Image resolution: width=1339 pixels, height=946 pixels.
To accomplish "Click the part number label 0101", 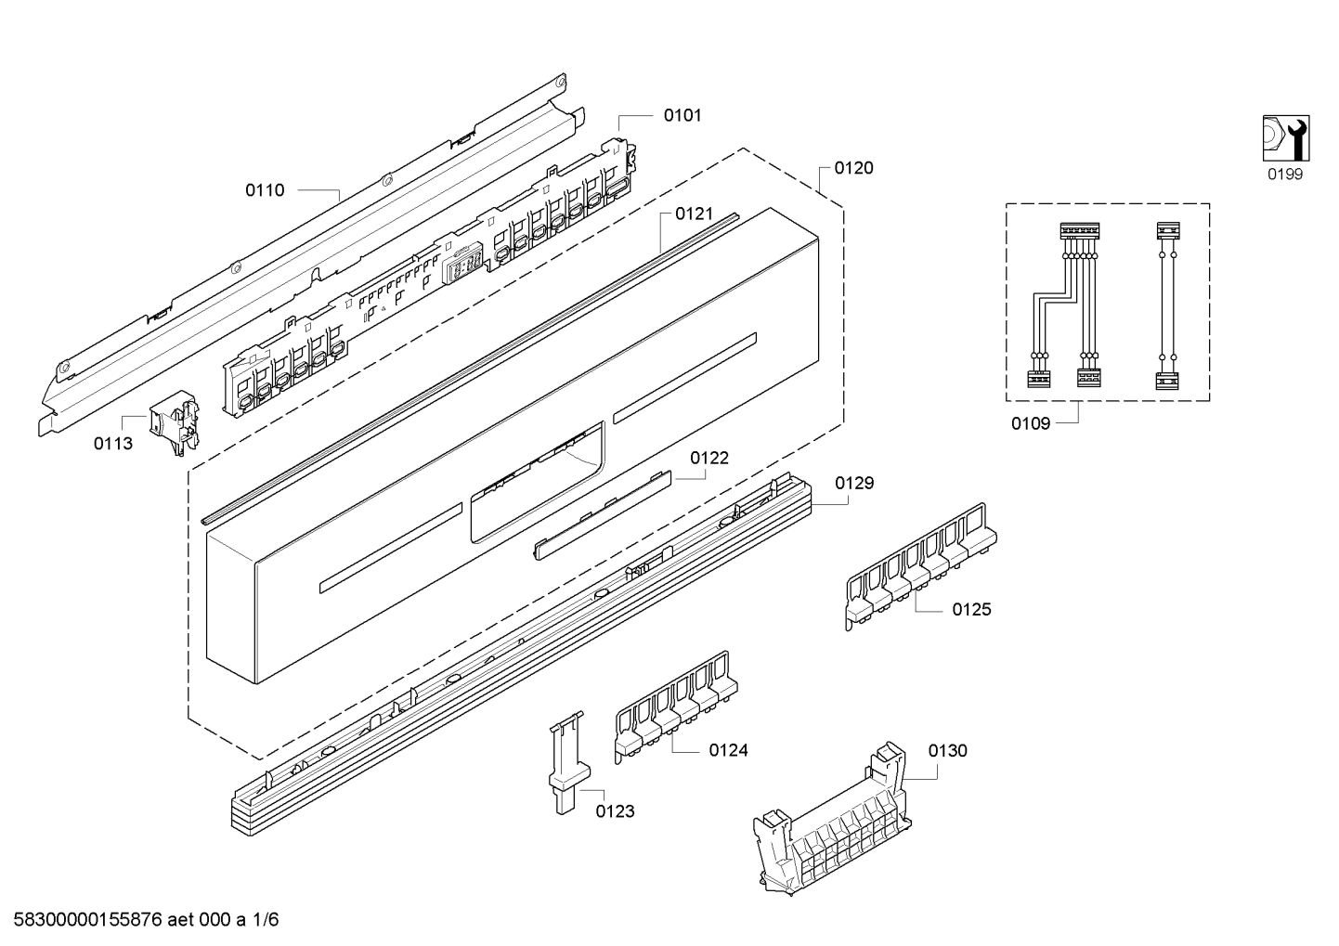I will pyautogui.click(x=682, y=116).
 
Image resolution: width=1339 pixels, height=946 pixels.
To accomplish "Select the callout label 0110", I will pyautogui.click(x=265, y=190).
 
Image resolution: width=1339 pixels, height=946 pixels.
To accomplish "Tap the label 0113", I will pyautogui.click(x=113, y=444).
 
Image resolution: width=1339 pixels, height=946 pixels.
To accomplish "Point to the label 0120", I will pyautogui.click(x=853, y=168).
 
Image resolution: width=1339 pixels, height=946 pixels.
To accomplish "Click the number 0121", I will pyautogui.click(x=694, y=214).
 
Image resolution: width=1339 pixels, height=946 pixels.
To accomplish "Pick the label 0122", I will pyautogui.click(x=708, y=458).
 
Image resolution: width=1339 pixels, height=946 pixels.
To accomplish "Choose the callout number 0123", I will pyautogui.click(x=615, y=811).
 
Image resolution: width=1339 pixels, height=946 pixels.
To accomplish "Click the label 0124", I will pyautogui.click(x=728, y=750).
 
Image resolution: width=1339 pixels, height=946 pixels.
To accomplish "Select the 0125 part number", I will pyautogui.click(x=971, y=609).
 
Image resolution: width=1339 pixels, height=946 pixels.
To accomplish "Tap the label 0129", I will pyautogui.click(x=853, y=483).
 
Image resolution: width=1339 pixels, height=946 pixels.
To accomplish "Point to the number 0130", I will pyautogui.click(x=947, y=750).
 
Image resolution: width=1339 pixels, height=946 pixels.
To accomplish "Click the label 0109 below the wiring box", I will pyautogui.click(x=1031, y=423).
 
